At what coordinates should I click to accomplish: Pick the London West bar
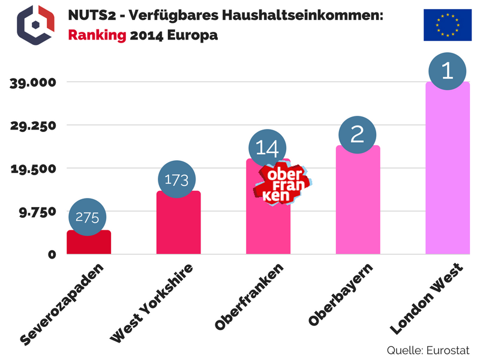click(448, 174)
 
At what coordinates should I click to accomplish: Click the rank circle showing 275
click(87, 218)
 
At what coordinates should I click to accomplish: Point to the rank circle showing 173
click(176, 179)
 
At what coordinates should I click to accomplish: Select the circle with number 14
click(267, 148)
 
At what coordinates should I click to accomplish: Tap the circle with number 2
click(357, 133)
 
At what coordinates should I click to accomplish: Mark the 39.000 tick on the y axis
click(34, 83)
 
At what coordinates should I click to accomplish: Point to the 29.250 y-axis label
click(34, 126)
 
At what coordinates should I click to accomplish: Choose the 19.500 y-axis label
click(34, 169)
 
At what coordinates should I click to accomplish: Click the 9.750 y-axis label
click(38, 211)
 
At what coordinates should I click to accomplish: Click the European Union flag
click(447, 25)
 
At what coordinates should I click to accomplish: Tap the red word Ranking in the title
click(97, 35)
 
